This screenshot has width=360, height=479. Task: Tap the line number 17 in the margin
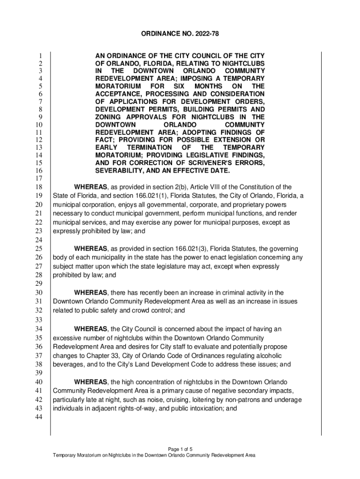point(39,179)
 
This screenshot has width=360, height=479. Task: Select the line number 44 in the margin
point(39,417)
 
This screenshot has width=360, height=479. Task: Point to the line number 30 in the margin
point(39,293)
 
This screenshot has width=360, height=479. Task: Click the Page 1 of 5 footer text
point(180,448)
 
